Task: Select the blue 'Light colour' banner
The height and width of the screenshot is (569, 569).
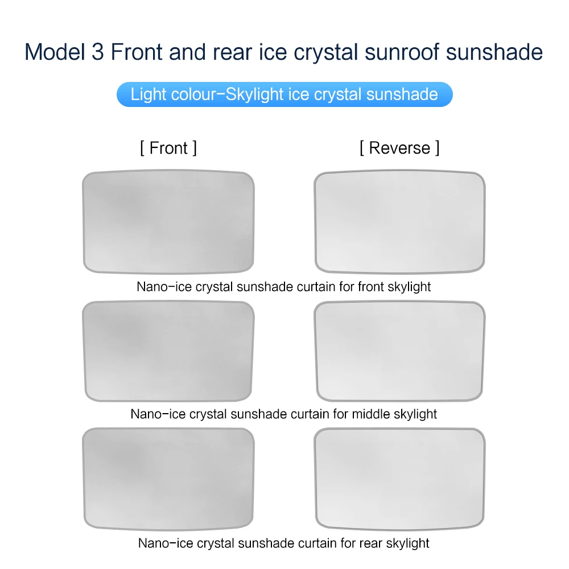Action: [x=284, y=94]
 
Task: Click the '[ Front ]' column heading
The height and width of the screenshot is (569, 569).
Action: [x=168, y=148]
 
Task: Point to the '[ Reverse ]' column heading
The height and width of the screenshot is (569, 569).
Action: [x=399, y=148]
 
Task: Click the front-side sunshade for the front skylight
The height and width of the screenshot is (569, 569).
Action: [x=168, y=221]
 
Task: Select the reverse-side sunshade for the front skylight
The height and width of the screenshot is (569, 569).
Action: [x=400, y=221]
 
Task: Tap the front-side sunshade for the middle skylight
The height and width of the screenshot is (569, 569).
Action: [x=168, y=351]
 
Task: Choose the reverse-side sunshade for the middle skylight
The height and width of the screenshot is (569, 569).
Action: [x=400, y=351]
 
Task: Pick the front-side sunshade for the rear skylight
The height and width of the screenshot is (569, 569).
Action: [x=168, y=479]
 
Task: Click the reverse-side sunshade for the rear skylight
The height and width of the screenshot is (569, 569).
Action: [x=400, y=479]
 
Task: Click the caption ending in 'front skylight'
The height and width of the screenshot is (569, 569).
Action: [x=284, y=286]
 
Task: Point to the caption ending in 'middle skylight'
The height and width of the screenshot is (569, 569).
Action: [x=284, y=414]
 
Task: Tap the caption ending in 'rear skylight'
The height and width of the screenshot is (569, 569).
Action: [x=284, y=543]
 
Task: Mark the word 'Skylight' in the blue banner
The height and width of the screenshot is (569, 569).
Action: [x=255, y=94]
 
